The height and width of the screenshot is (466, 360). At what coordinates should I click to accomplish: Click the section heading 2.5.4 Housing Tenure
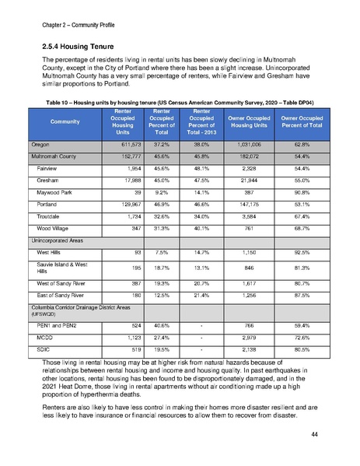[76, 46]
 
